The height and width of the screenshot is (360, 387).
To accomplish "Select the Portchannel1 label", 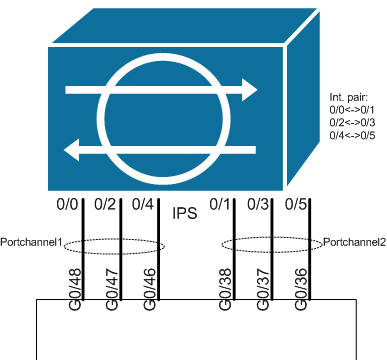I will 33,241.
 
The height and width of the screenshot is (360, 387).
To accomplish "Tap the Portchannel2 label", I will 353,241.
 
